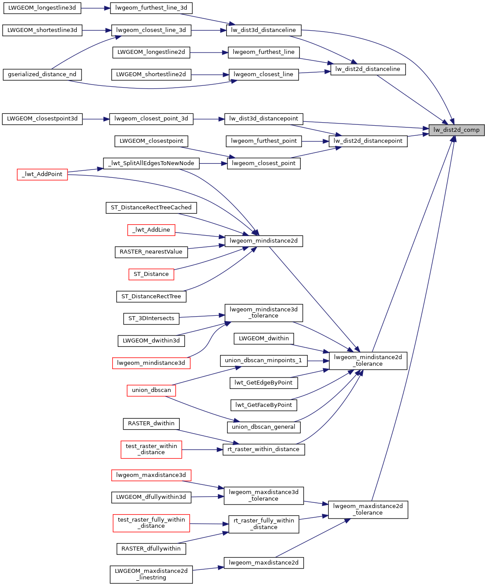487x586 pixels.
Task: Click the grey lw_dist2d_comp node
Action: (456, 130)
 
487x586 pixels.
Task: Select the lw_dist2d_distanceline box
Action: (368, 69)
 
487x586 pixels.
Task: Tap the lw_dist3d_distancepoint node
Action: (263, 119)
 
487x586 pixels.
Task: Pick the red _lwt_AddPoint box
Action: (43, 174)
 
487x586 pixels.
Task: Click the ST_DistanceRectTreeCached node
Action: (151, 208)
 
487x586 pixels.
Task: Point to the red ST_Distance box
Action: (151, 274)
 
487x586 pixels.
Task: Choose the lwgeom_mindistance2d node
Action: (263, 241)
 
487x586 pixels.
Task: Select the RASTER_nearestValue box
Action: (151, 252)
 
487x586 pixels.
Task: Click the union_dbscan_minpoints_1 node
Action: (263, 360)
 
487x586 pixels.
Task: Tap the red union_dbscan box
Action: (151, 390)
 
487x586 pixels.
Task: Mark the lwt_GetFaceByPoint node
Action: (263, 405)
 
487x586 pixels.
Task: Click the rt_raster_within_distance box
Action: (263, 449)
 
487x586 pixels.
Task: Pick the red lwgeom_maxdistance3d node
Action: (151, 475)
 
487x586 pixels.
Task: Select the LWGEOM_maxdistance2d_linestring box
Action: (151, 574)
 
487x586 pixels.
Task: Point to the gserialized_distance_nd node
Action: (42, 74)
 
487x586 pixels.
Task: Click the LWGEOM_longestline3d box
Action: (42, 8)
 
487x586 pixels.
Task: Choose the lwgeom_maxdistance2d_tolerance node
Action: (368, 509)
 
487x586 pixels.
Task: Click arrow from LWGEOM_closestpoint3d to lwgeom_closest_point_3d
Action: (96, 119)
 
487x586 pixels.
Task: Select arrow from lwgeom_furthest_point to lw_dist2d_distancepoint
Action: (315, 141)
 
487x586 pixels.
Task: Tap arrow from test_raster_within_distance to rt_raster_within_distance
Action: (202, 449)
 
